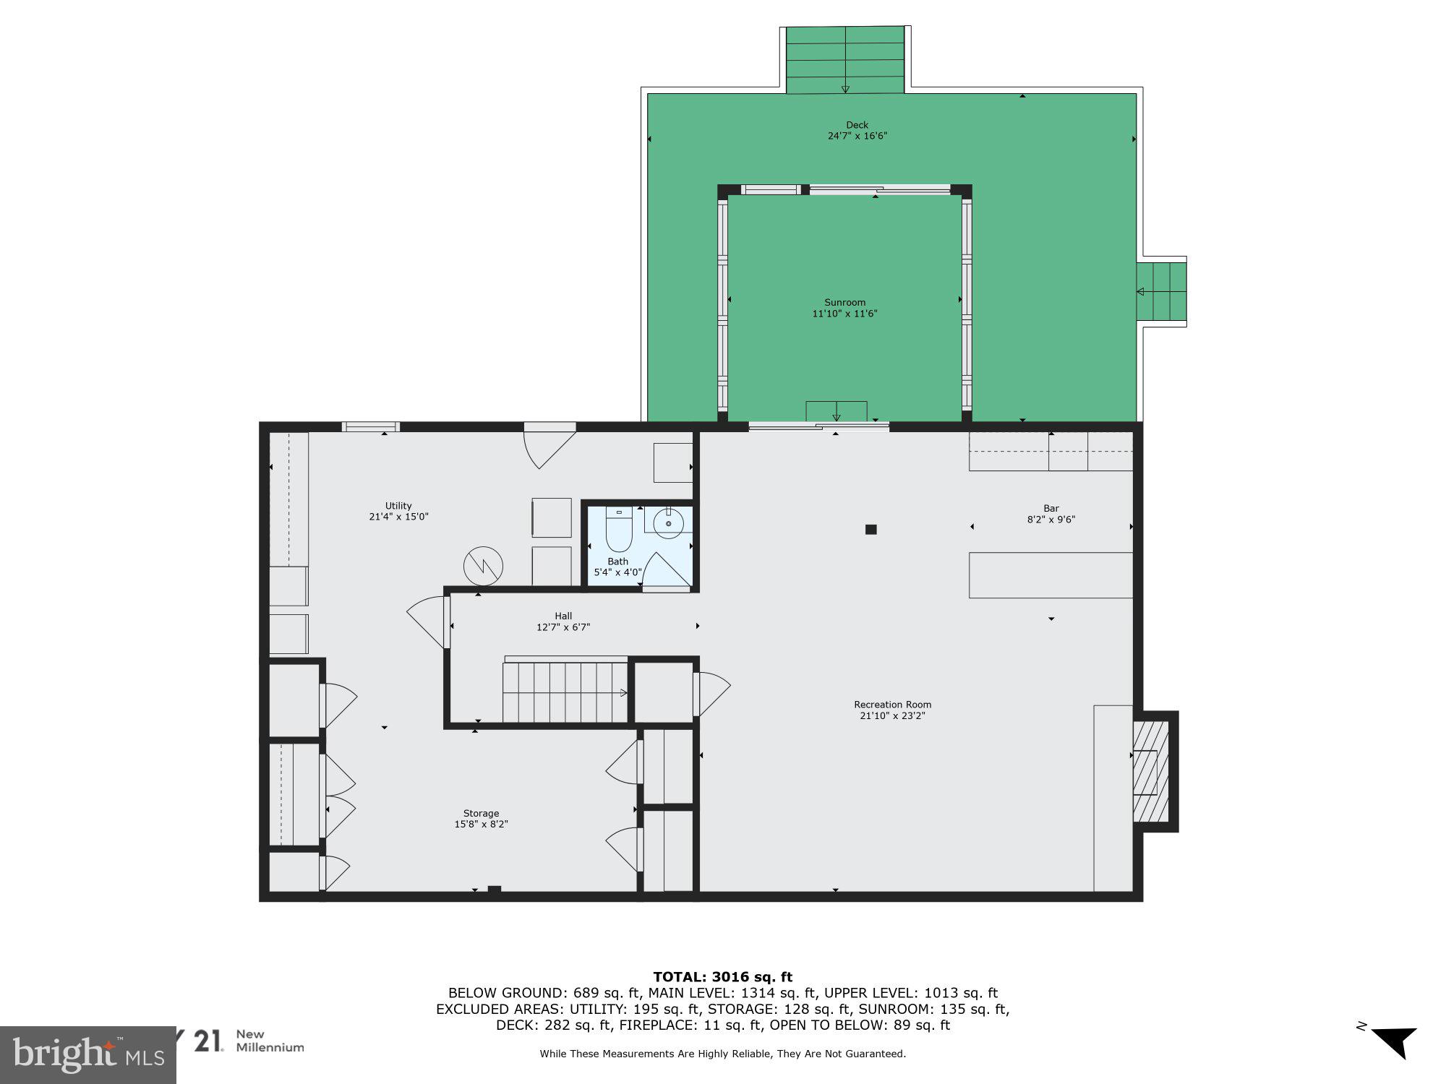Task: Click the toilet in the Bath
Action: (619, 530)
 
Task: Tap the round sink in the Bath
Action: (669, 522)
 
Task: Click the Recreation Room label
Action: (892, 705)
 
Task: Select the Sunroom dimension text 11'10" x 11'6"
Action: (844, 314)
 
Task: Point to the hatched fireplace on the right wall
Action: (1150, 772)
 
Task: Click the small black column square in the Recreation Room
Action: (870, 530)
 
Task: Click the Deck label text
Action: (857, 125)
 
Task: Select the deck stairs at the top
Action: (844, 61)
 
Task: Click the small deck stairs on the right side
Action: (1161, 292)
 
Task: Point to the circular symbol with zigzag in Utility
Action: (484, 566)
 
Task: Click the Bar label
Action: (1051, 509)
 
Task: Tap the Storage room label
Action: (481, 813)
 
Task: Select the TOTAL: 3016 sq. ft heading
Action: (722, 977)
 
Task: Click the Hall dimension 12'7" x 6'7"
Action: (562, 627)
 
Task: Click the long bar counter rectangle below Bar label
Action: (1050, 575)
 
